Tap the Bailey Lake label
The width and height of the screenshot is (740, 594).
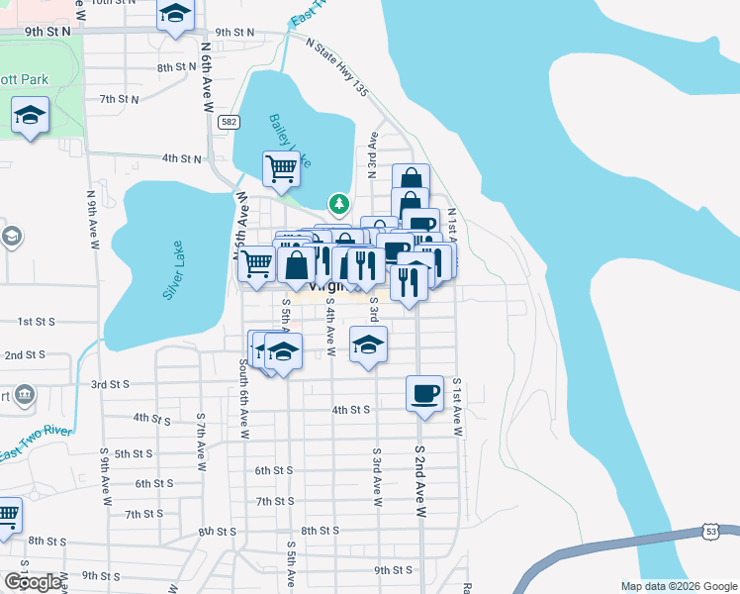pos(290,140)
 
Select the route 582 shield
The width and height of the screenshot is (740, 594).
pos(230,121)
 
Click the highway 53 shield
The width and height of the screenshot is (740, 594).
pos(710,533)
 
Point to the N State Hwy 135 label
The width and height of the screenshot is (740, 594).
pos(337,68)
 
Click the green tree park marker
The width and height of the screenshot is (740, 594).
pos(339,204)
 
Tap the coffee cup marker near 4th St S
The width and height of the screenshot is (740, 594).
pos(424,393)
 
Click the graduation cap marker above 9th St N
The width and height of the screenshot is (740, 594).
pos(176,14)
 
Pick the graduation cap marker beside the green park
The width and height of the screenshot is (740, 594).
pos(31,116)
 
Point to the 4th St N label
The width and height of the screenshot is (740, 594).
pos(182,158)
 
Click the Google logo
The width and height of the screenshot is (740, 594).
pos(33,582)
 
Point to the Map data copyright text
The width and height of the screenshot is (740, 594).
pos(678,586)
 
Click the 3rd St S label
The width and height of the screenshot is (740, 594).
pos(111,384)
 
